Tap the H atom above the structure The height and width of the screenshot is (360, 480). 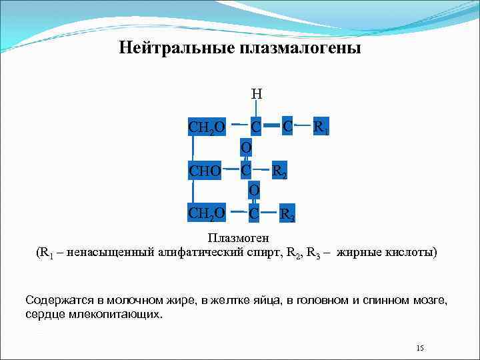click(256, 94)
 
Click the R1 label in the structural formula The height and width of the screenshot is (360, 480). click(321, 127)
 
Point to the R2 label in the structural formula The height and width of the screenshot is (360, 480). click(279, 171)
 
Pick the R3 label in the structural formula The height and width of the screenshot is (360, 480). click(287, 215)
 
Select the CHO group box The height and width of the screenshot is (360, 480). click(205, 171)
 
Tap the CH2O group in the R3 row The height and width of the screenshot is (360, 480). click(207, 214)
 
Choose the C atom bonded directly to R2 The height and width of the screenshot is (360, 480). click(246, 170)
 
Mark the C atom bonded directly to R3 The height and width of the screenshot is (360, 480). click(254, 214)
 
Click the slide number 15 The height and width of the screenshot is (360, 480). click(420, 348)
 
